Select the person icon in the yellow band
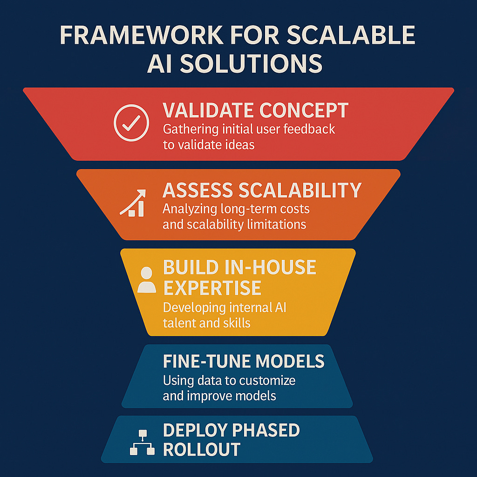click(147, 279)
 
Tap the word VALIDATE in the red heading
click(208, 110)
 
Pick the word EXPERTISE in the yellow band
click(212, 288)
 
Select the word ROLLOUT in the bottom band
click(202, 450)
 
